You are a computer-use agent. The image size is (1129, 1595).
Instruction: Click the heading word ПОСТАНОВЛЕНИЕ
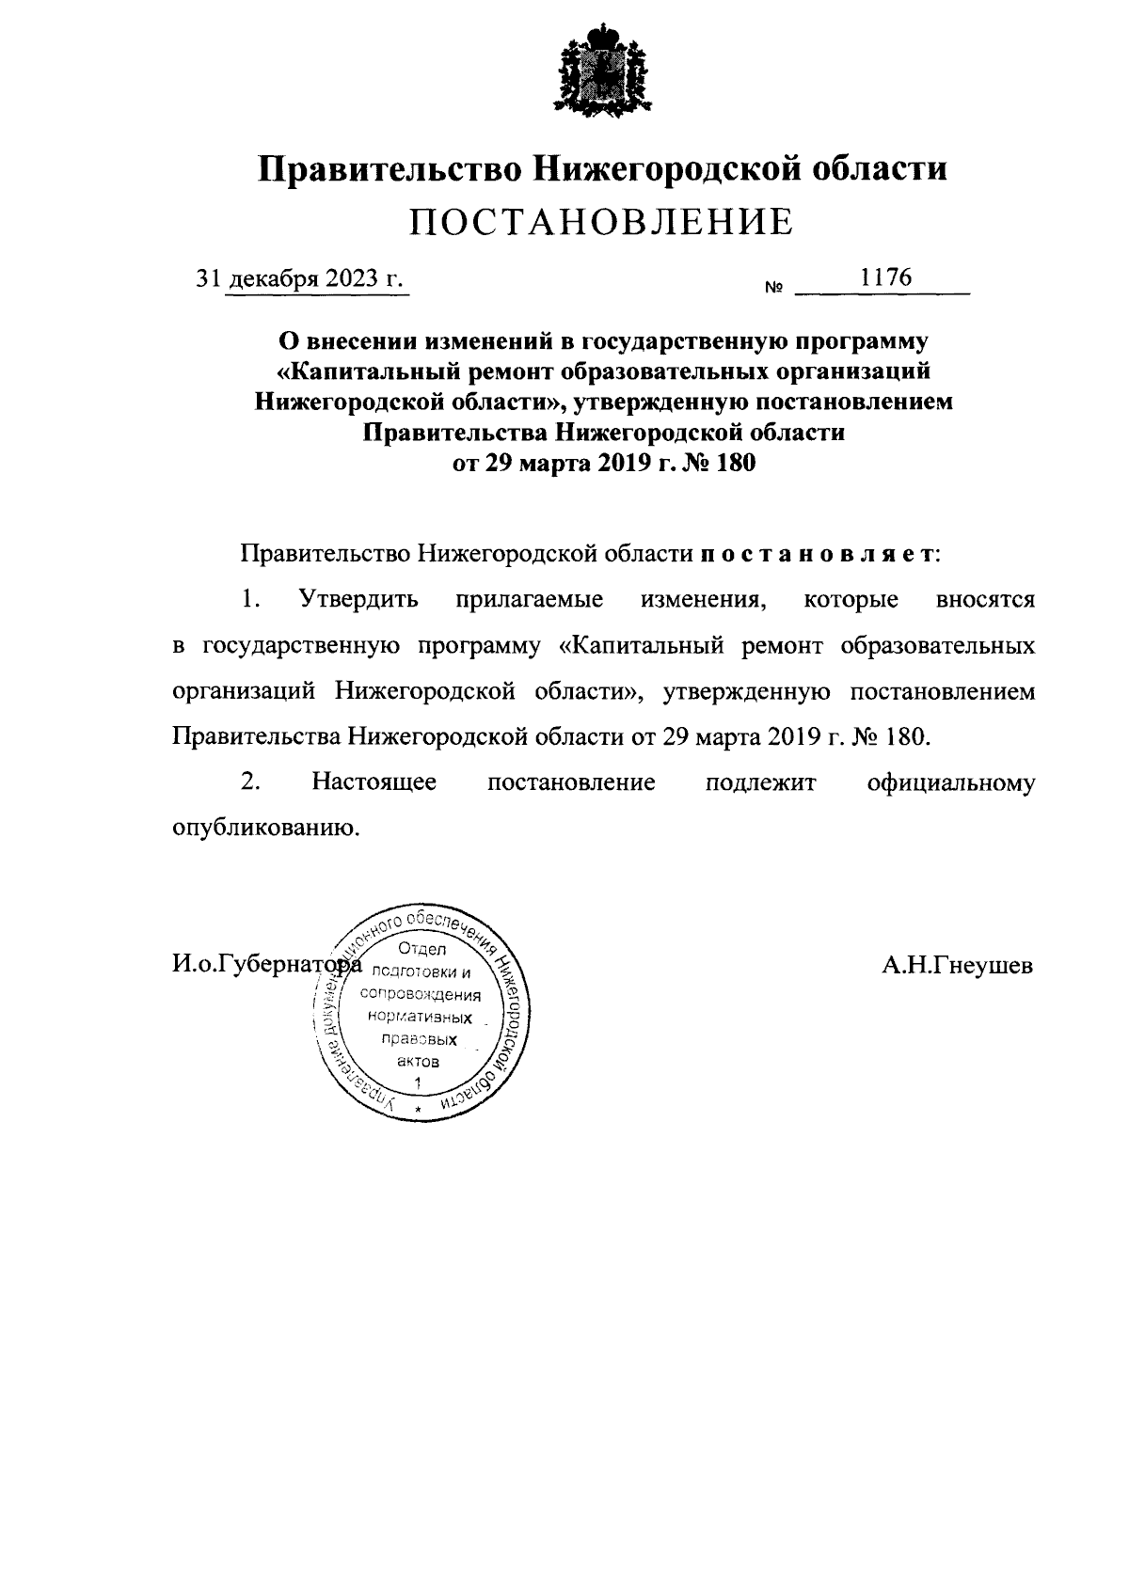(602, 221)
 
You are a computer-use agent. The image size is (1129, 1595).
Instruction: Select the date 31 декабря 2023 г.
(298, 279)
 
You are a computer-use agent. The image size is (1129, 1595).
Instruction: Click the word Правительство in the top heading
(390, 169)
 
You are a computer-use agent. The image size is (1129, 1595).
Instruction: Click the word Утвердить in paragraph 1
(357, 599)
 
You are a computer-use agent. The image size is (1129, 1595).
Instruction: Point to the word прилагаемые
(529, 599)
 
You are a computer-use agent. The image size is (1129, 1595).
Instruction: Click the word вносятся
(985, 599)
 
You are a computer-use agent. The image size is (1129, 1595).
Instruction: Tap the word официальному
(951, 782)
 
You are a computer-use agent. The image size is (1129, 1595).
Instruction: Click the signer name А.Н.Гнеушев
(957, 965)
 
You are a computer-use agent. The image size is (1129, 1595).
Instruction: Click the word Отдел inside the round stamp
(422, 950)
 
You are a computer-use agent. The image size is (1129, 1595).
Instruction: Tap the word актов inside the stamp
(418, 1061)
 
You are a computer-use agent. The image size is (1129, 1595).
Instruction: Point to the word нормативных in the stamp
(420, 1017)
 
